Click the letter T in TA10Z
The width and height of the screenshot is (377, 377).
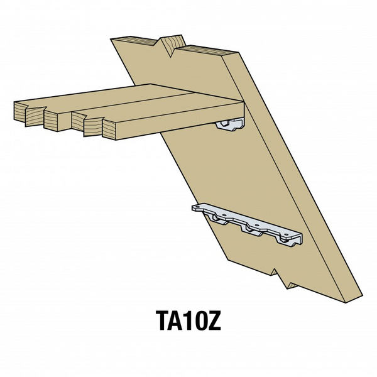pyautogui.click(x=161, y=322)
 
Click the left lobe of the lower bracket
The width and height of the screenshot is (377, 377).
pyautogui.click(x=220, y=220)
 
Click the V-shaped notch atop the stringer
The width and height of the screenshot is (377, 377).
pyautogui.click(x=168, y=45)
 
